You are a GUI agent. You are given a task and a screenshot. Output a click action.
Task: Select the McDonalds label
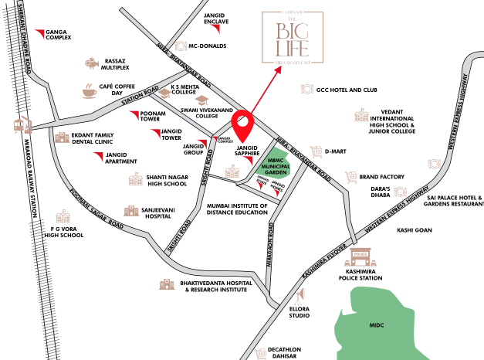[x=208, y=46]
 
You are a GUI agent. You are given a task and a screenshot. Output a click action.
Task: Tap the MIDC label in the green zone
[x=377, y=325]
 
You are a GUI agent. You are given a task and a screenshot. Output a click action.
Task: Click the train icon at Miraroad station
[x=17, y=124]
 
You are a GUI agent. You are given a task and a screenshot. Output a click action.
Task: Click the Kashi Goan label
[x=414, y=230]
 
